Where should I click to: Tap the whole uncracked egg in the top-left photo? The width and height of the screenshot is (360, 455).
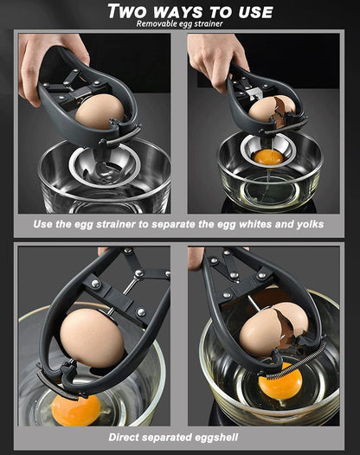[100, 112]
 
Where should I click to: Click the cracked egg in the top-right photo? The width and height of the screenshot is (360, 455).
[272, 111]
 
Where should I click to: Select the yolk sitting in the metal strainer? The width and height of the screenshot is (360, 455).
[268, 157]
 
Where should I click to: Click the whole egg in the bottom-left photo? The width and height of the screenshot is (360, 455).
[92, 337]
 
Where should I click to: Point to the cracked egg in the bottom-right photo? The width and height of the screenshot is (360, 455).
[273, 329]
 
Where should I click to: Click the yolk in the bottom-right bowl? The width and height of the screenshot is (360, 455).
[280, 381]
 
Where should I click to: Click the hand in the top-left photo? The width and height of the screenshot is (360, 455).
[50, 63]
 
